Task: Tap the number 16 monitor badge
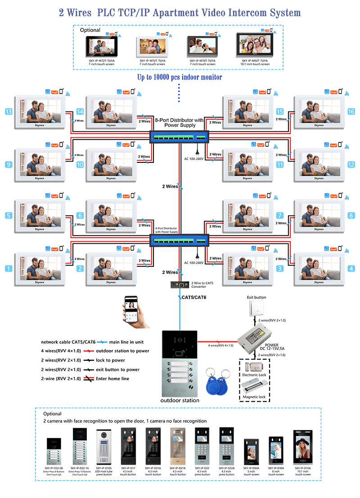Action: tap(351, 112)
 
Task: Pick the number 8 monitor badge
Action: tap(351, 215)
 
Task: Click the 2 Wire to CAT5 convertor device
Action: tap(180, 285)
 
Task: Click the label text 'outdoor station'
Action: tap(180, 400)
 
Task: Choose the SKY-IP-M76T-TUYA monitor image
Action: tap(202, 46)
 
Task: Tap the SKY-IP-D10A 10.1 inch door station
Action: tap(303, 447)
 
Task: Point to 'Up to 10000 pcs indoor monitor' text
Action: tap(180, 77)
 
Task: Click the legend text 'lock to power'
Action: tap(110, 360)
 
